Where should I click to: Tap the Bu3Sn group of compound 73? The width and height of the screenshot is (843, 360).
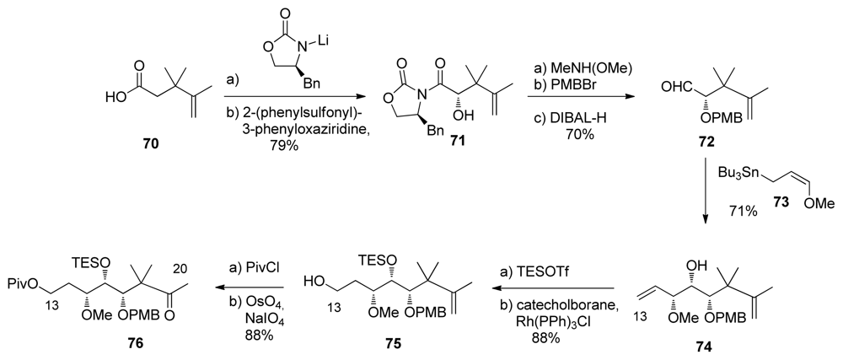734,173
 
